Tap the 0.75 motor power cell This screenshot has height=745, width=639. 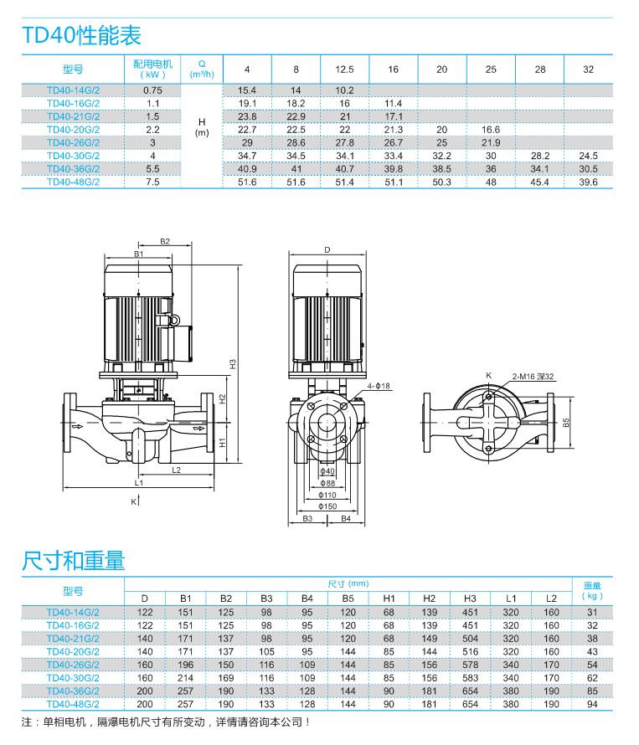[x=152, y=90]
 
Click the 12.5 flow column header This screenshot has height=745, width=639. [x=344, y=69]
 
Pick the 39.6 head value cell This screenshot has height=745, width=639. [x=588, y=182]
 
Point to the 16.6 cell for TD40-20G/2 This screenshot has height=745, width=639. [x=491, y=130]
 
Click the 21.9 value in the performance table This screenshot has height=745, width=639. [x=491, y=143]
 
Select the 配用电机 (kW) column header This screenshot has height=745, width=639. [x=152, y=69]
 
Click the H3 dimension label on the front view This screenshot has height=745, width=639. [x=234, y=363]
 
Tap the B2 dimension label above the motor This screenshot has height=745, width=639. [x=165, y=241]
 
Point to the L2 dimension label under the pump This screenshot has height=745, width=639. [x=177, y=470]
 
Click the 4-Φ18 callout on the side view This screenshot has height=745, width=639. [x=379, y=385]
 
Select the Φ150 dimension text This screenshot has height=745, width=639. [x=327, y=506]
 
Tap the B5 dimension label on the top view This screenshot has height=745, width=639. [x=567, y=424]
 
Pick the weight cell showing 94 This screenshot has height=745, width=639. [x=592, y=705]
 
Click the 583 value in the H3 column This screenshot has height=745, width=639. [x=470, y=678]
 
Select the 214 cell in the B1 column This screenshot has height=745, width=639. [x=186, y=678]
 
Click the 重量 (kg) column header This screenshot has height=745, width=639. [x=592, y=591]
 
